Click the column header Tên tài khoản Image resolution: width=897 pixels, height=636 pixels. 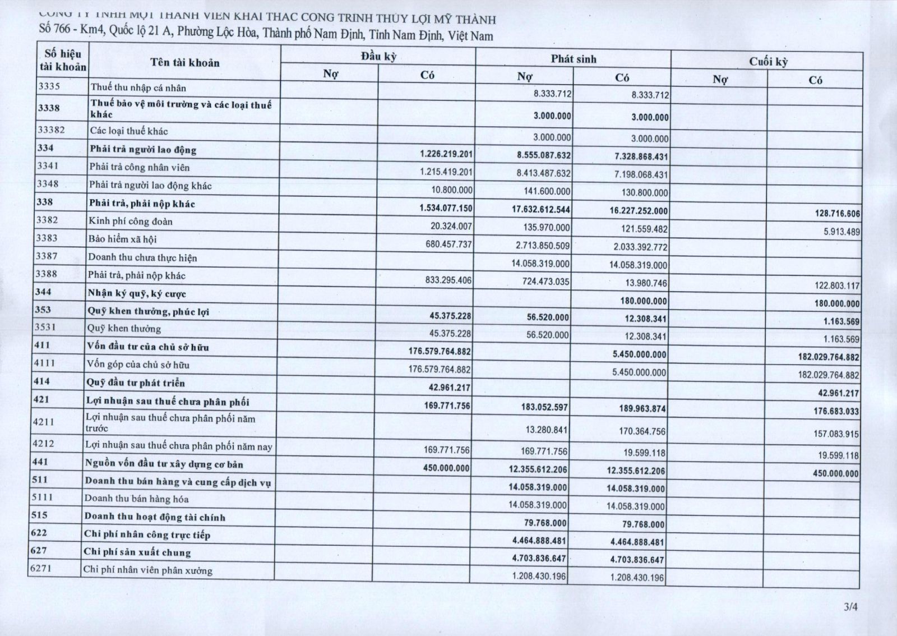click(x=184, y=63)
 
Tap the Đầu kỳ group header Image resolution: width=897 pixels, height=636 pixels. click(x=378, y=56)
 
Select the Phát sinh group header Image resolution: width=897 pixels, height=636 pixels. click(x=573, y=59)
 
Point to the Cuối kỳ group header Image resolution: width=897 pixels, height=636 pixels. click(x=768, y=62)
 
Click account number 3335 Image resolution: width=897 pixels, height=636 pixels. click(x=48, y=86)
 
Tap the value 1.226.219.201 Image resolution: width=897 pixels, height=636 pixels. click(x=446, y=154)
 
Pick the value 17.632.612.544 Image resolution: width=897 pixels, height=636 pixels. click(x=540, y=209)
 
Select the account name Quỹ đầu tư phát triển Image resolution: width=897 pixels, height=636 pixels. click(x=136, y=383)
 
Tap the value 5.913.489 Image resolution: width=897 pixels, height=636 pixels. click(x=841, y=232)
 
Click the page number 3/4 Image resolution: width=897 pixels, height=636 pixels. click(x=851, y=606)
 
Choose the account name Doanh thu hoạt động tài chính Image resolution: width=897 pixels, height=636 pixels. click(x=155, y=517)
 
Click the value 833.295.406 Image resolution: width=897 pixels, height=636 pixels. click(x=449, y=280)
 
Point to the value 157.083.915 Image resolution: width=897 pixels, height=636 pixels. click(x=836, y=434)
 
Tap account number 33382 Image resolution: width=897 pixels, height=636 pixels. click(x=50, y=130)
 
